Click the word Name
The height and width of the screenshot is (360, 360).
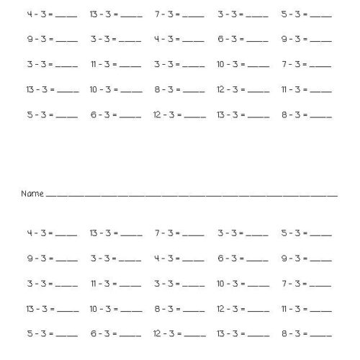[32, 194]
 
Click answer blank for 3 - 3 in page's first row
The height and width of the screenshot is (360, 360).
[257, 16]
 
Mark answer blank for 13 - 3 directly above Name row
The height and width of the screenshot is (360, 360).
[257, 116]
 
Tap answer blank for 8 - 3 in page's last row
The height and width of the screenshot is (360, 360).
[321, 336]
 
